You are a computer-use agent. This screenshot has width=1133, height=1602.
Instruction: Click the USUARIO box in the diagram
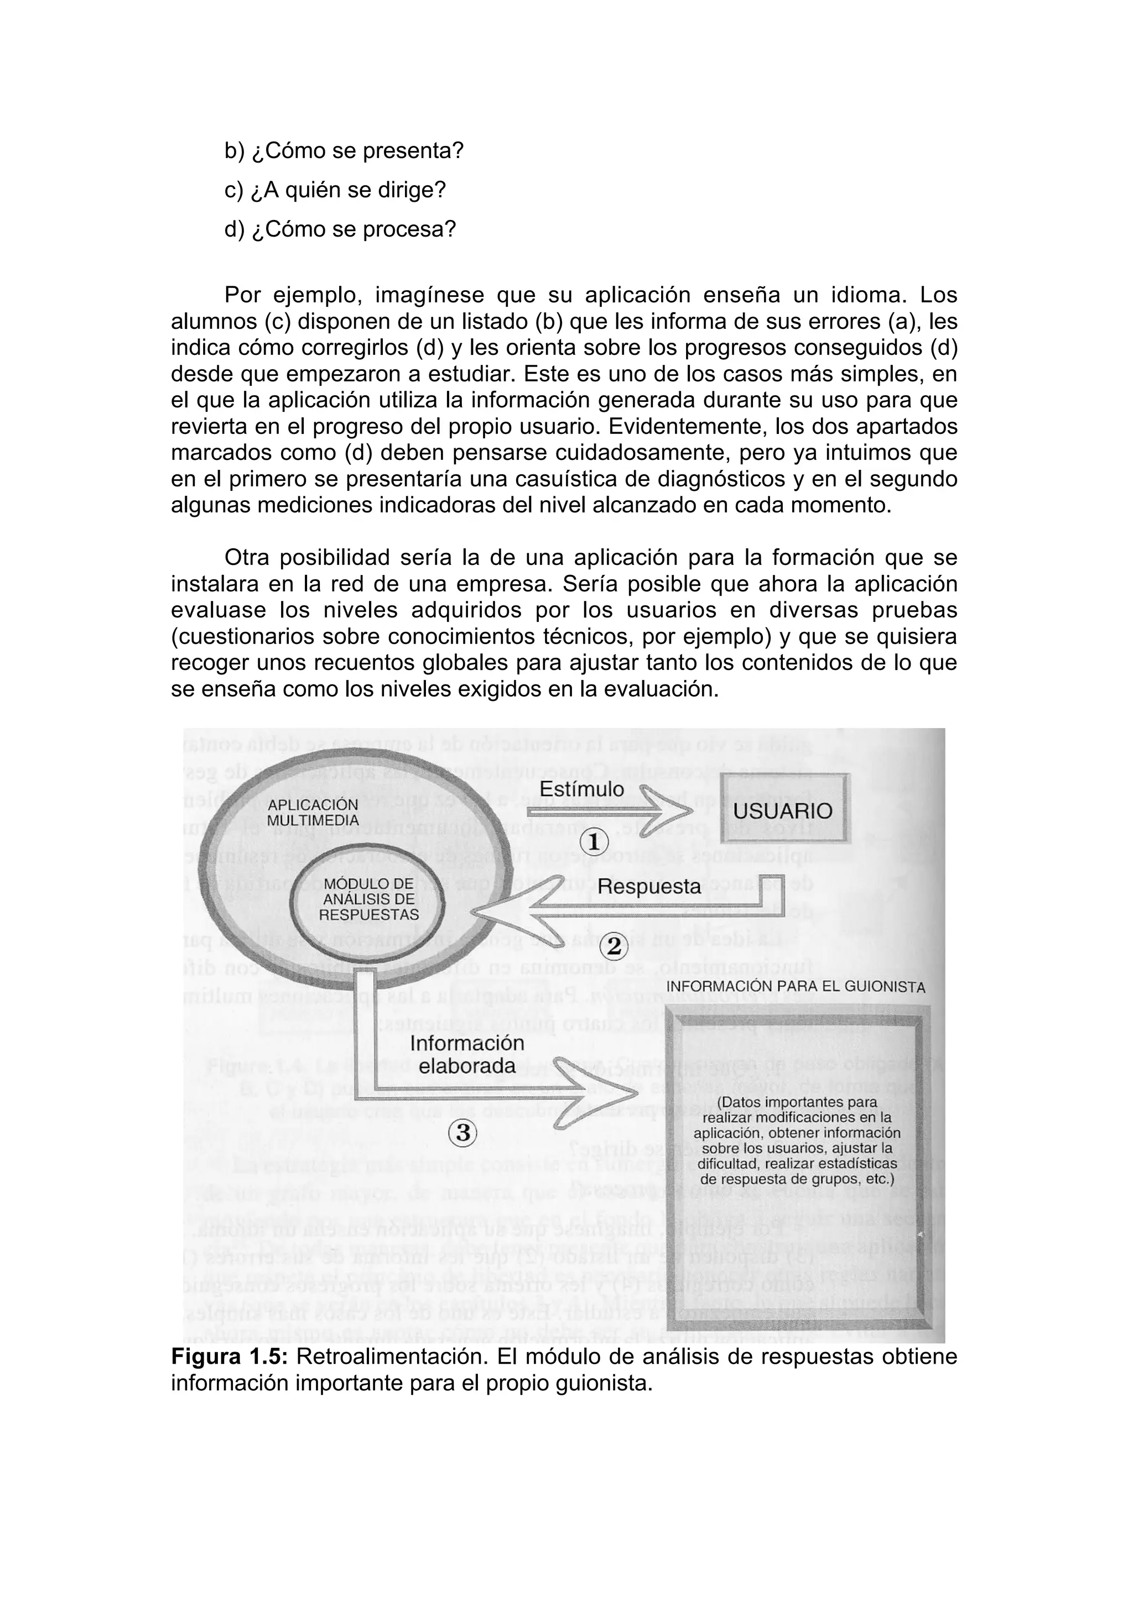[783, 811]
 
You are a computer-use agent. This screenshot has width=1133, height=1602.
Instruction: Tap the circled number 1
[594, 843]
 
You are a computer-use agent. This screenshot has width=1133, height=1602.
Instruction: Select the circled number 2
[614, 947]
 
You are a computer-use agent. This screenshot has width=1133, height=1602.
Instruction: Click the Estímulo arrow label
[582, 789]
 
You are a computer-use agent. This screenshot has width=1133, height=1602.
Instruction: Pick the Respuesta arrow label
[649, 887]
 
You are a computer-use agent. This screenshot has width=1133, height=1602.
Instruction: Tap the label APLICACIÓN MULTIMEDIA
[313, 813]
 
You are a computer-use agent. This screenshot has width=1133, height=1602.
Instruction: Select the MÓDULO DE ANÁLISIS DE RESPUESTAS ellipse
[368, 900]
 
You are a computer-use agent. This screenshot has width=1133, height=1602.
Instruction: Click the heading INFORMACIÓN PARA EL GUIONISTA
[796, 987]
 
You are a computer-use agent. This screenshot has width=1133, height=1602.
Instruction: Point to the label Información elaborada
[467, 1054]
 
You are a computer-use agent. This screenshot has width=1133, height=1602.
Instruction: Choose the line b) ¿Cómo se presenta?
[344, 151]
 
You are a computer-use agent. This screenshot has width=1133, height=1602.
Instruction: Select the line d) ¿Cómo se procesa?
[340, 229]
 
